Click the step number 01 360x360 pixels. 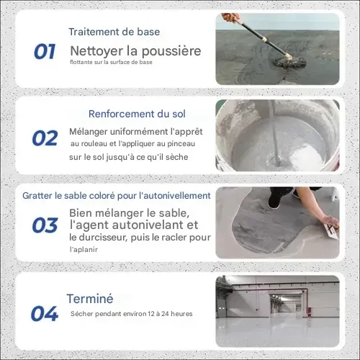(45, 52)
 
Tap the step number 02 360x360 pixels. (45, 138)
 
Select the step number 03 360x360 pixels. (45, 225)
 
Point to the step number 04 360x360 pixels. (45, 314)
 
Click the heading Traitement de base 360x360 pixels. (114, 32)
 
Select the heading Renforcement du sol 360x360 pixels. (137, 114)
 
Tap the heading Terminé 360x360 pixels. (90, 299)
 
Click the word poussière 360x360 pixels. (171, 51)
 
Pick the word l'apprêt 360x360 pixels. (186, 132)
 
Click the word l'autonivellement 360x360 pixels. (175, 196)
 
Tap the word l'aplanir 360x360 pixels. (84, 250)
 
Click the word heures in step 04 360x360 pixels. (181, 314)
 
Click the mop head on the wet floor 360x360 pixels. (290, 62)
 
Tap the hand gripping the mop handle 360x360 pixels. (230, 18)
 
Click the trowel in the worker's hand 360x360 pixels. (332, 231)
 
